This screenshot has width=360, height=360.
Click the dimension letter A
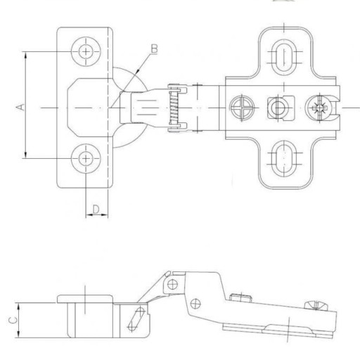pos(20,108)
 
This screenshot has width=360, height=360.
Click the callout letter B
pos(154,49)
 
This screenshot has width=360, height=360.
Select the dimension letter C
pos(13,320)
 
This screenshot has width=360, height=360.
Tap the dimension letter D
pos(96,209)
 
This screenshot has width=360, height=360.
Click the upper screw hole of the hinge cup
pos(86,51)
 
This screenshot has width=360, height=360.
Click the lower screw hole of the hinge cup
pos(86,158)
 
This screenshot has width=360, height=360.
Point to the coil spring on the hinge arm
pos(174,108)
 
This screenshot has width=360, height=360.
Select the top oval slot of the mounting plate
pos(284,57)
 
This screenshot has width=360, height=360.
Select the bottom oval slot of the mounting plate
pos(284,158)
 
